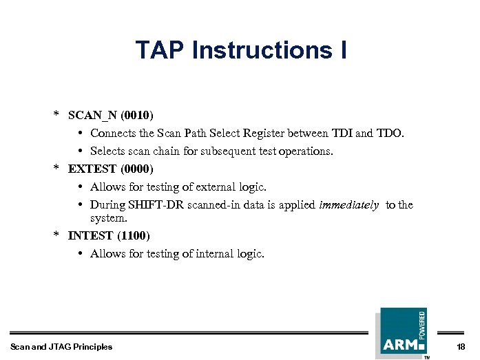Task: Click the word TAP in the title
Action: coord(160,50)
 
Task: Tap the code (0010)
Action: coord(137,114)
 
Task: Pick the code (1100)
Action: coord(134,235)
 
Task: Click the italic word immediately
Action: coord(349,204)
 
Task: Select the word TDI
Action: coord(341,133)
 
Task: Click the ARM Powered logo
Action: coord(402,332)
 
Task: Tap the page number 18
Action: coord(461,346)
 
